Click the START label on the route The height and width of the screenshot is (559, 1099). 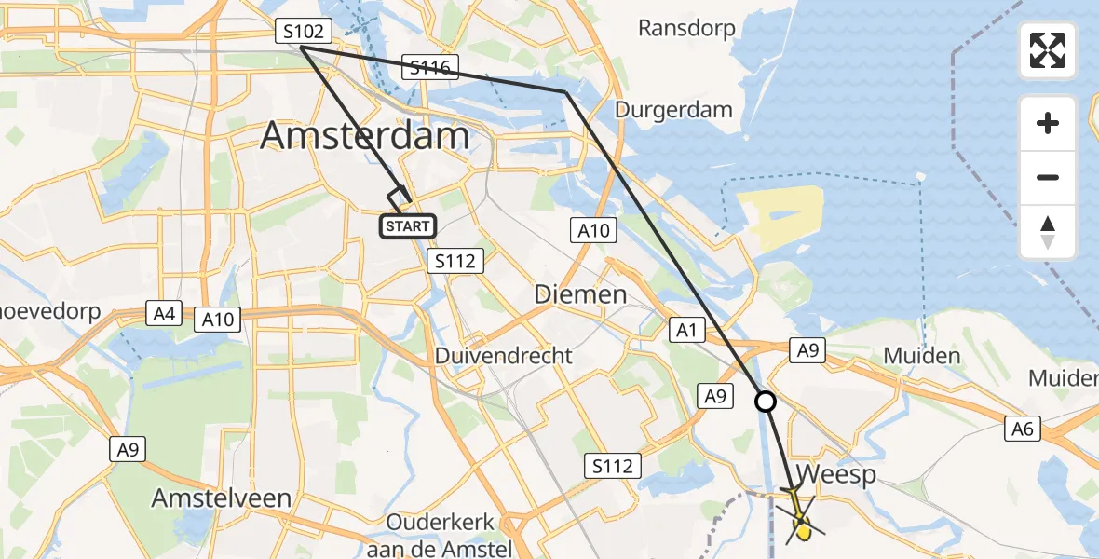tap(407, 225)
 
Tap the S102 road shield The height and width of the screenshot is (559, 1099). tap(302, 33)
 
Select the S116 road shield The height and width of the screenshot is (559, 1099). tap(429, 67)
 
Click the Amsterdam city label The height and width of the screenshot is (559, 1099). tap(364, 136)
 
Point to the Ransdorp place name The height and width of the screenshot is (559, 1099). tap(686, 28)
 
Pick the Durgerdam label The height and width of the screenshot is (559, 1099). tap(673, 110)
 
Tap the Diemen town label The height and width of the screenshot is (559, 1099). tap(580, 295)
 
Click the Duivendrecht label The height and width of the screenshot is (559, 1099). tap(504, 356)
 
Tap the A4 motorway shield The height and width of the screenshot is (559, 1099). tap(164, 314)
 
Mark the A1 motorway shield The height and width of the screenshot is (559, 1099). tap(686, 329)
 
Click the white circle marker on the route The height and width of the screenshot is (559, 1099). tap(765, 402)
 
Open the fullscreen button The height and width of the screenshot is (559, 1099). tap(1048, 50)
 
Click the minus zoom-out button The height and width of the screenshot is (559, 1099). tap(1048, 177)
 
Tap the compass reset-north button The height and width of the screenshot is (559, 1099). tap(1048, 232)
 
